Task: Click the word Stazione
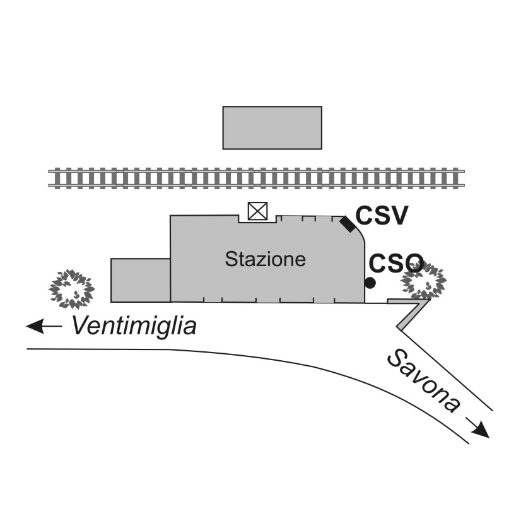[x=266, y=259]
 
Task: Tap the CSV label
[x=382, y=216]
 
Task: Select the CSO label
[x=395, y=263]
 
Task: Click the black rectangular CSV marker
[x=347, y=223]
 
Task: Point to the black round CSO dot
[x=370, y=283]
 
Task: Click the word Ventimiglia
[x=134, y=326]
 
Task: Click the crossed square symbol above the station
[x=257, y=211]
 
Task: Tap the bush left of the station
[x=71, y=288]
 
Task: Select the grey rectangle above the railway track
[x=272, y=127]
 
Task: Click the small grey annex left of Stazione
[x=140, y=280]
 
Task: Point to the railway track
[x=257, y=178]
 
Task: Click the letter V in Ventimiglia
[x=79, y=326]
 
